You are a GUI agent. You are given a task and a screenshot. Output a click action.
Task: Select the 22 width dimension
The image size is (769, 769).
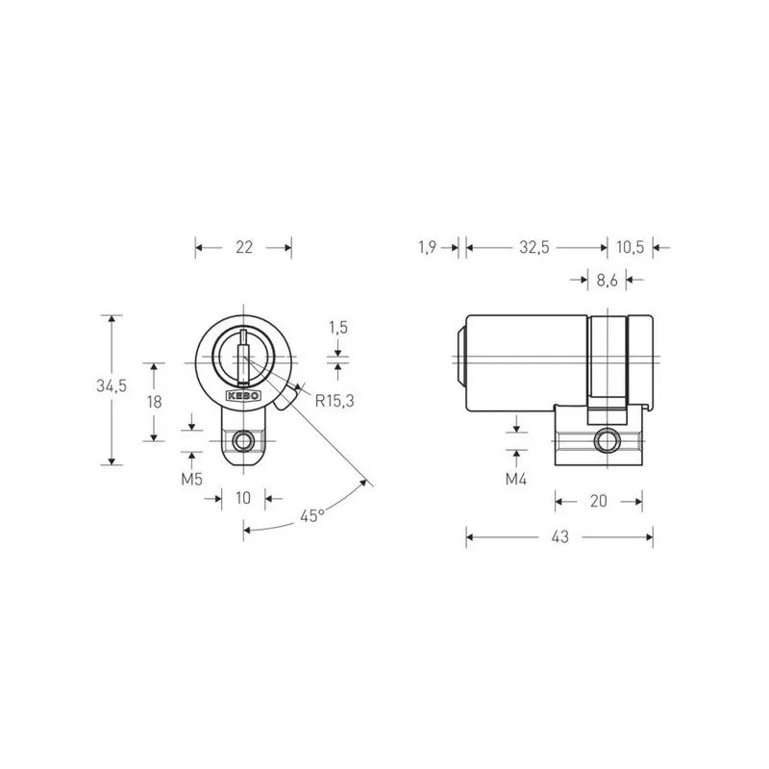[243, 248]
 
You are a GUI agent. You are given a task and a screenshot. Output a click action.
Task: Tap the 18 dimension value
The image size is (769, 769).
[153, 402]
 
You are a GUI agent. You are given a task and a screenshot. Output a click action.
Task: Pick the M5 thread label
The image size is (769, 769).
[192, 478]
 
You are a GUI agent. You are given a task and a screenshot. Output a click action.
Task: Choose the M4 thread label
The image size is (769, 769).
[517, 478]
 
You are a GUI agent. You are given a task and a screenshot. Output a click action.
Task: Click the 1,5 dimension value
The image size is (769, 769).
[337, 328]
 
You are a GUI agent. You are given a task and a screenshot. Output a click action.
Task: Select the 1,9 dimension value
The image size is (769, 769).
[428, 248]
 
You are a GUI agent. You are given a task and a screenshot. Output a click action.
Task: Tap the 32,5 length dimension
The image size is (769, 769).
[533, 248]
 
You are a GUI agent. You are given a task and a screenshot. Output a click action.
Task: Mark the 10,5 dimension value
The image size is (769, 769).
[630, 248]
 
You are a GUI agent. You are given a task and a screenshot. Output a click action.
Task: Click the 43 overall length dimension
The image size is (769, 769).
[559, 537]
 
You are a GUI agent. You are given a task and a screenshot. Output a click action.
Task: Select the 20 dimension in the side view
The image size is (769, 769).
[598, 501]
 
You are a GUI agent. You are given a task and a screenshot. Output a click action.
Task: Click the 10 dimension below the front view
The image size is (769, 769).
[242, 498]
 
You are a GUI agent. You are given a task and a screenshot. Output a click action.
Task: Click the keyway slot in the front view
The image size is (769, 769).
[245, 352]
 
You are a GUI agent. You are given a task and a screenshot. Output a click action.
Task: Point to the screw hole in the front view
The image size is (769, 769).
[245, 442]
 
